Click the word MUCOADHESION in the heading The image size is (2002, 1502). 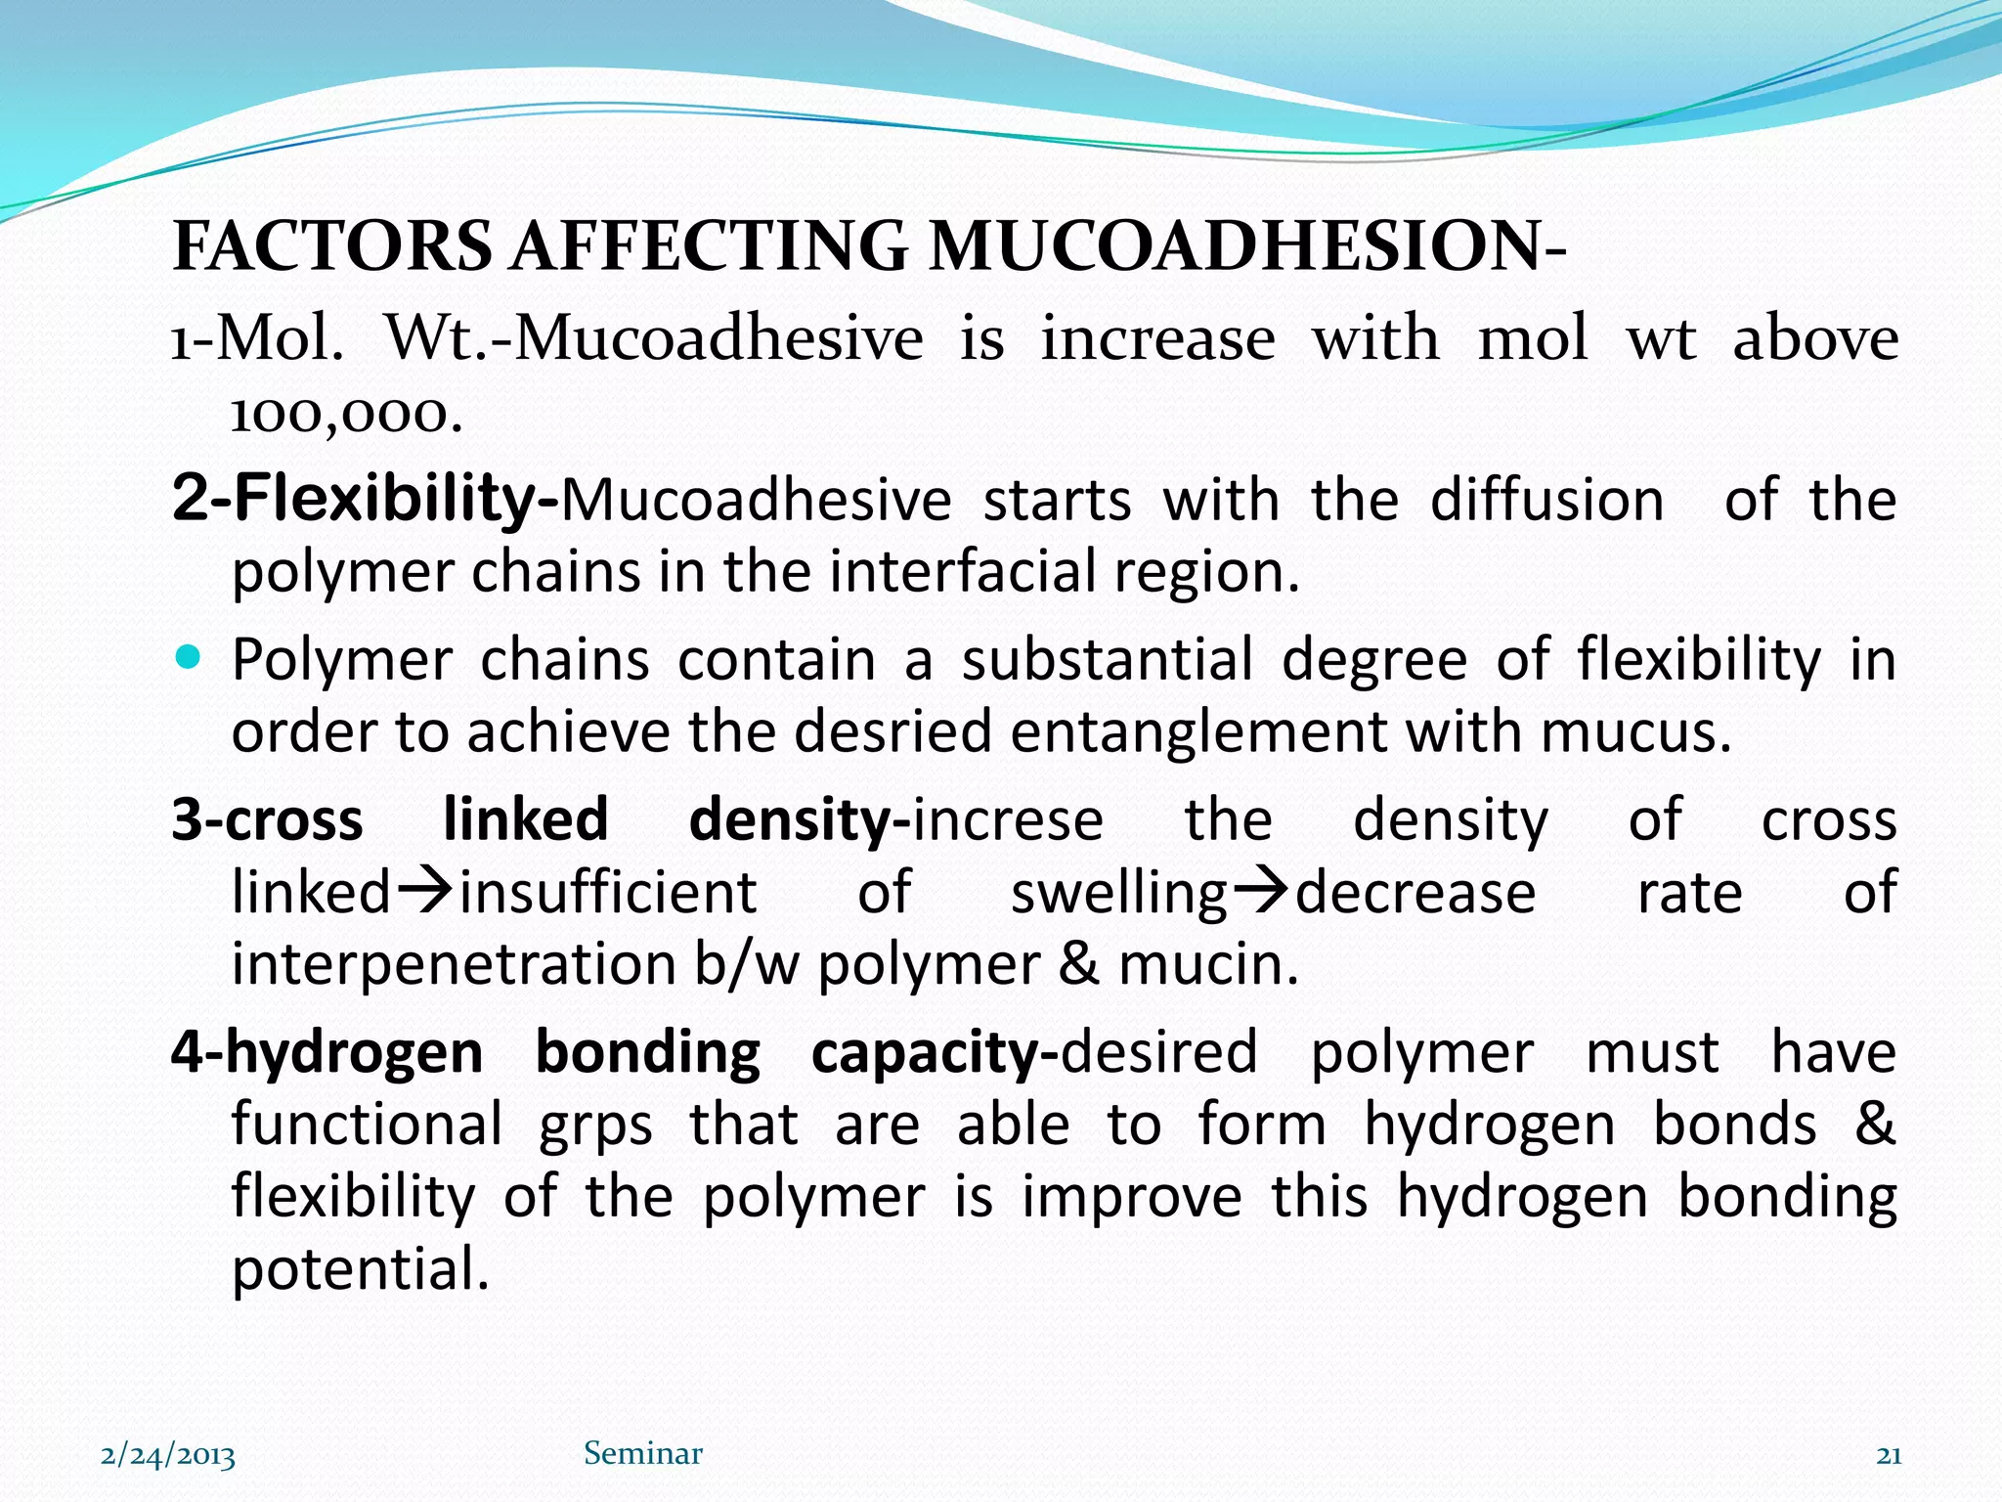(1234, 245)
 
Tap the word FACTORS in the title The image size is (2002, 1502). (332, 245)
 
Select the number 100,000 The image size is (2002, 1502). (345, 415)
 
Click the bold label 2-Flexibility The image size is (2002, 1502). (364, 498)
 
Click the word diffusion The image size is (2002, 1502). (1546, 500)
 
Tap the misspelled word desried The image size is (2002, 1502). (892, 731)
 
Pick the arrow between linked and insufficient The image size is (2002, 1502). (426, 890)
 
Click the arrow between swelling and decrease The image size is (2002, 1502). (1261, 890)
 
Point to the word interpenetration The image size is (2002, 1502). (454, 964)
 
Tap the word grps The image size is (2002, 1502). (595, 1126)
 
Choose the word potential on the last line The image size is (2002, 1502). (359, 1269)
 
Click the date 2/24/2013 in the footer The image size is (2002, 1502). (168, 1455)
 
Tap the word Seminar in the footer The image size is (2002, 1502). (643, 1454)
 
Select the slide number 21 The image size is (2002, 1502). (1889, 1455)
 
